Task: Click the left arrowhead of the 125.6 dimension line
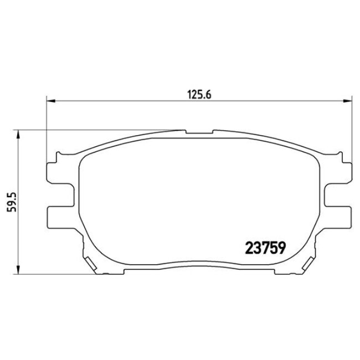coord(50,101)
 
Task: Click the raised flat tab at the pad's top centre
coord(198,133)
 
